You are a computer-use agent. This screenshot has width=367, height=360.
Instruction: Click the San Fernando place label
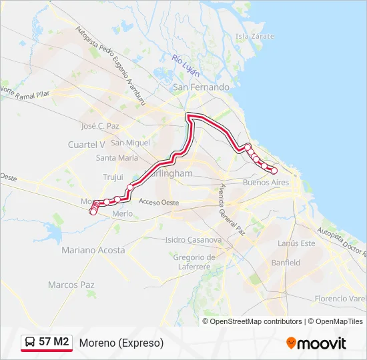(201, 87)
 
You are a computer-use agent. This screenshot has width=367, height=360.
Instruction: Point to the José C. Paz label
(99, 125)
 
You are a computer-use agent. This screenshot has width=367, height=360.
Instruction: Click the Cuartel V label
(87, 144)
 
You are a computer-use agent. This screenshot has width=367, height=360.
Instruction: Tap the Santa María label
(117, 158)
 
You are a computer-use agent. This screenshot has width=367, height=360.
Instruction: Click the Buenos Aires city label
(266, 182)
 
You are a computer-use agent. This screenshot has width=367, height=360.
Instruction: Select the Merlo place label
(123, 213)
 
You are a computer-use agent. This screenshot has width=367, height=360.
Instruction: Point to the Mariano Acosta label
(93, 250)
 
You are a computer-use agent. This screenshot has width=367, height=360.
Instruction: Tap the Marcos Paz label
(71, 285)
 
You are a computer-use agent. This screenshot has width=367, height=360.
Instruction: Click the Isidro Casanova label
(193, 239)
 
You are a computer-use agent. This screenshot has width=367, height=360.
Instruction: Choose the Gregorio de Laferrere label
(192, 262)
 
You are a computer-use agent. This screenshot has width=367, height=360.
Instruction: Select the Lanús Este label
(298, 243)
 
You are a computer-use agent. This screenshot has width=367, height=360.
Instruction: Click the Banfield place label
(286, 263)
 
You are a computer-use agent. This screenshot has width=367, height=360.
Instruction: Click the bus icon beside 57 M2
(30, 343)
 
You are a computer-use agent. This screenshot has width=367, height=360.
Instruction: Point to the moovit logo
(316, 343)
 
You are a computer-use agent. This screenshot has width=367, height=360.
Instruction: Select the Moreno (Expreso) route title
(121, 343)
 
